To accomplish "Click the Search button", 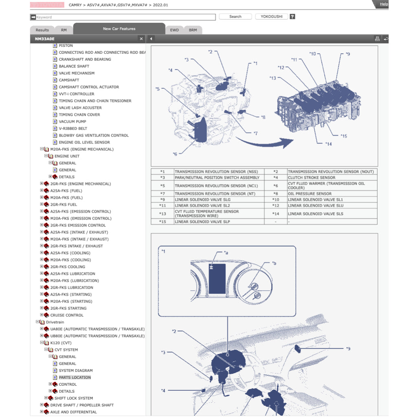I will (x=235, y=17).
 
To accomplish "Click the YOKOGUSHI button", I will (x=271, y=17).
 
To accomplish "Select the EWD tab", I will (x=174, y=30).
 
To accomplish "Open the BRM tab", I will (x=193, y=30).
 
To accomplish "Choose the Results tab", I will (x=42, y=30).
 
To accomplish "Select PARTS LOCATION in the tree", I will (x=75, y=377).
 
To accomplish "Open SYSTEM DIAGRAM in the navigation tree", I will (x=76, y=371).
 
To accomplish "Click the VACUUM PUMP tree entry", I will (x=72, y=121).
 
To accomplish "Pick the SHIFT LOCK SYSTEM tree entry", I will (x=74, y=398).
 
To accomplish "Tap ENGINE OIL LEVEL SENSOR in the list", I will (x=84, y=142).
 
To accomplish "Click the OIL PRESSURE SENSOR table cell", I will (x=309, y=194).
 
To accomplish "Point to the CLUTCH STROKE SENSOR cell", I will (x=312, y=178).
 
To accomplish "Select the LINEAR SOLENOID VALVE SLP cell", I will (x=202, y=222).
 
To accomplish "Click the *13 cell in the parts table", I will (x=162, y=214).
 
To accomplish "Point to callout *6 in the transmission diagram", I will (x=175, y=154).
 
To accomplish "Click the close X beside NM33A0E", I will (x=141, y=39).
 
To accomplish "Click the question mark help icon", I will (x=292, y=17).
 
